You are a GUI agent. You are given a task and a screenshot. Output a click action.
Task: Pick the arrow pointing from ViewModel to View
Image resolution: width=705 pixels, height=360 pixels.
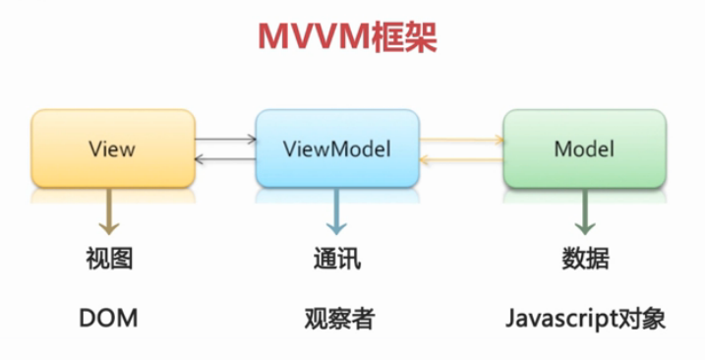tap(225, 159)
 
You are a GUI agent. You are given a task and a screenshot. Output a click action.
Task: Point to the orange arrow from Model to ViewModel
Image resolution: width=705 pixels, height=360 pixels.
tap(461, 159)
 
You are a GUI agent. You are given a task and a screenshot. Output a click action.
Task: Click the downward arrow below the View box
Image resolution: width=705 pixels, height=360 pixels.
tap(110, 211)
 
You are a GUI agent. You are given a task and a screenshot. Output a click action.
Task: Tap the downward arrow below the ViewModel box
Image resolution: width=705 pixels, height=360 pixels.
tap(336, 211)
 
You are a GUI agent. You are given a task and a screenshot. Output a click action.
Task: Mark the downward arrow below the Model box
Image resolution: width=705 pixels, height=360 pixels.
tap(584, 211)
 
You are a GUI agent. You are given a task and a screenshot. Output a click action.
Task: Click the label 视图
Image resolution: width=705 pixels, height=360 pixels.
tap(110, 260)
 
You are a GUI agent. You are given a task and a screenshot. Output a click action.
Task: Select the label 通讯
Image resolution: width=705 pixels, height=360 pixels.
tap(337, 260)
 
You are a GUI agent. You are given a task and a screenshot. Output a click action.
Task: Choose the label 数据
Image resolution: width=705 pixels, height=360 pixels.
tap(584, 260)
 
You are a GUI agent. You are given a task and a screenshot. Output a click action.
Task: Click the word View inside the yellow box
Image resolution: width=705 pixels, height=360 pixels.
tap(111, 150)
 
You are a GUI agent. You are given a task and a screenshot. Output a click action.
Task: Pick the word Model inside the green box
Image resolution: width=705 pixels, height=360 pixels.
tap(584, 150)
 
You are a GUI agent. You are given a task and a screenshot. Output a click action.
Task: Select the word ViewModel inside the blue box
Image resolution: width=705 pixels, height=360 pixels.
tap(337, 150)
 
